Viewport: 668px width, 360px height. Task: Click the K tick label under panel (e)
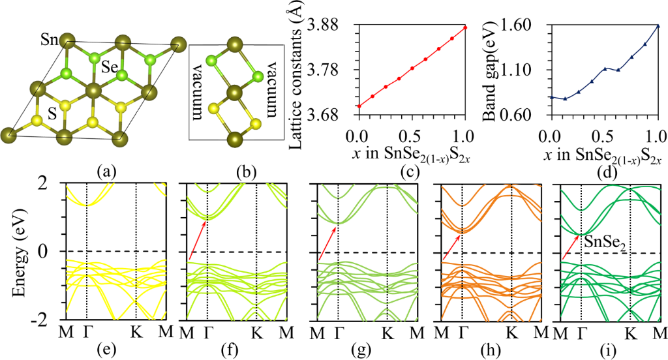pyautogui.click(x=135, y=333)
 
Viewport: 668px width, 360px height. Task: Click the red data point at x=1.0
pyautogui.click(x=465, y=27)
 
